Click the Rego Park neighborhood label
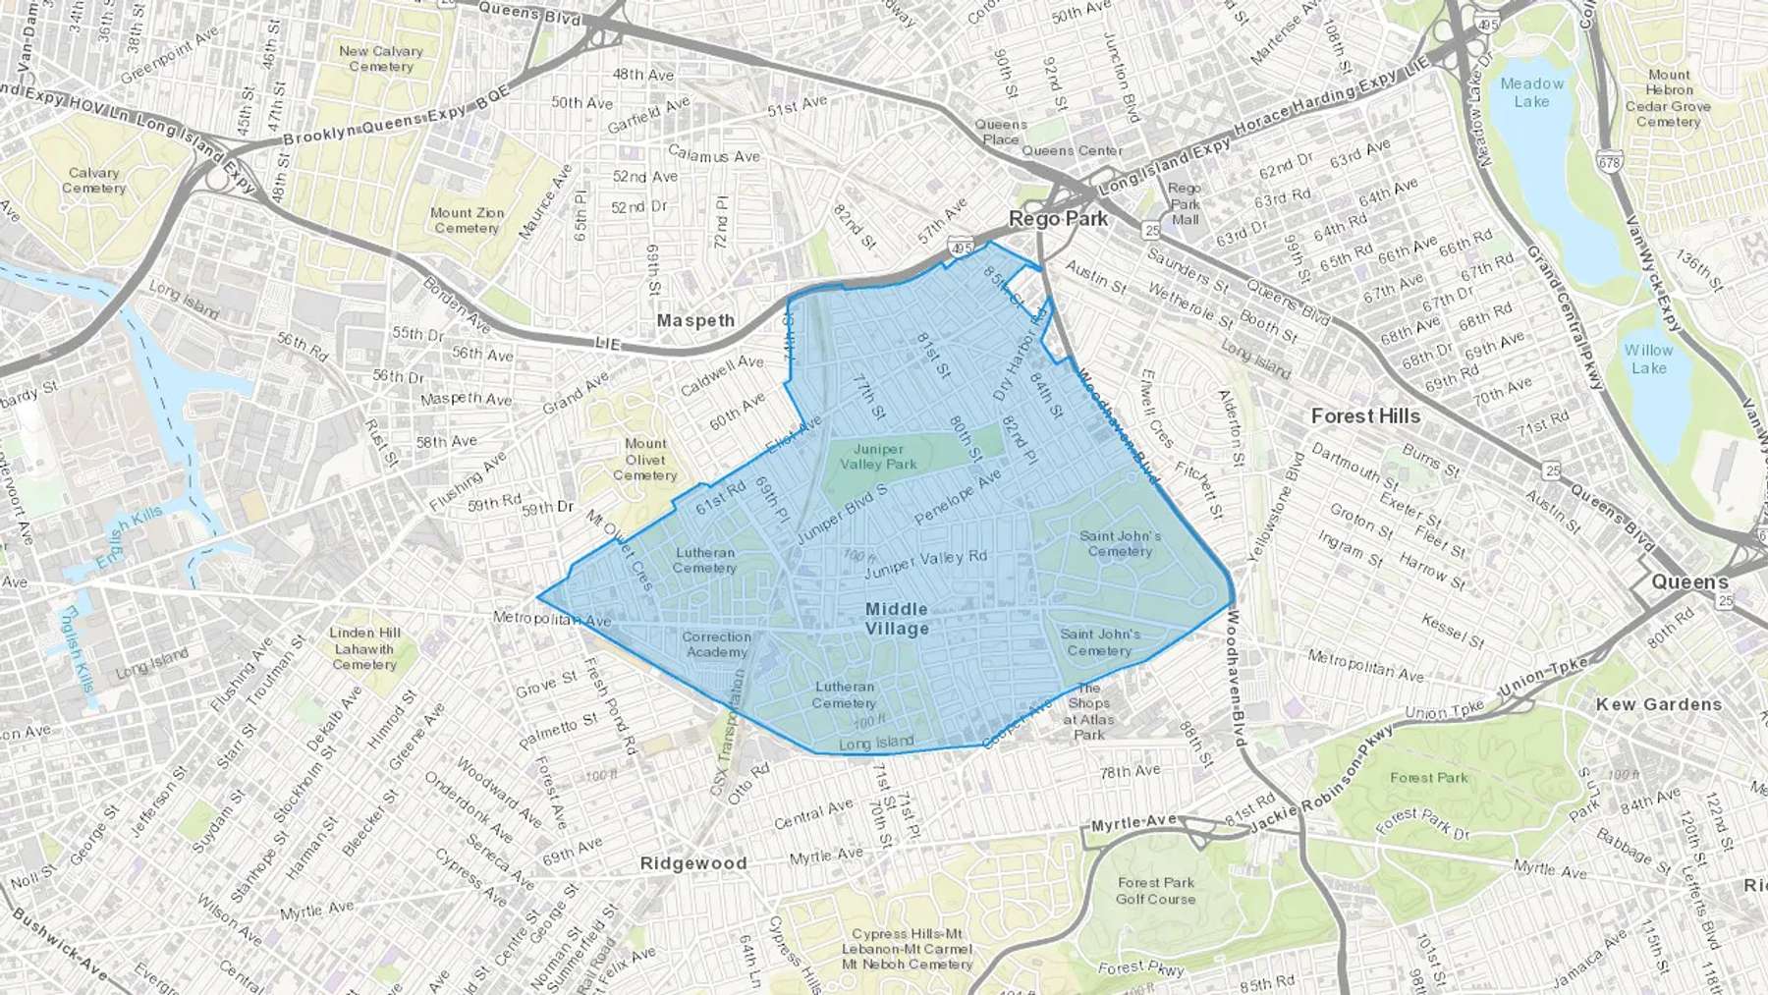[x=1058, y=218]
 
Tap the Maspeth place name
[x=695, y=320]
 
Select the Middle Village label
[x=897, y=619]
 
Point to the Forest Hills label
[x=1365, y=416]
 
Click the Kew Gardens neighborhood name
[x=1658, y=704]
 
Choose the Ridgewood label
[x=693, y=863]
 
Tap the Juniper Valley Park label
[x=878, y=457]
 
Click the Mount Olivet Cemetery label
[x=645, y=460]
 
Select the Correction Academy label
[x=717, y=644]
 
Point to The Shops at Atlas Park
[x=1088, y=711]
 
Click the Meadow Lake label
[x=1531, y=92]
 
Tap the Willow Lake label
[x=1648, y=359]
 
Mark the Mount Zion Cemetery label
[x=467, y=220]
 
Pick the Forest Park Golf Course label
[x=1156, y=891]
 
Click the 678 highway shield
[x=1610, y=163]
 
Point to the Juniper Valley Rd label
[x=925, y=563]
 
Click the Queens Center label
[x=1072, y=150]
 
